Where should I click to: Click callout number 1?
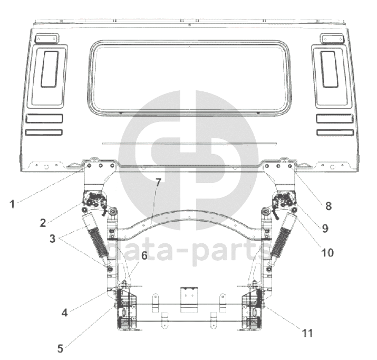pyautogui.click(x=12, y=204)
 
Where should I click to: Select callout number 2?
pyautogui.click(x=43, y=223)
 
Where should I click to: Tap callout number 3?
pyautogui.click(x=52, y=239)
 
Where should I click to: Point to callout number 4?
pyautogui.click(x=64, y=313)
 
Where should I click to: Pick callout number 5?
pyautogui.click(x=60, y=349)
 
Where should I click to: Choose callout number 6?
pyautogui.click(x=144, y=255)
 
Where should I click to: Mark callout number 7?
pyautogui.click(x=158, y=183)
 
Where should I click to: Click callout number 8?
pyautogui.click(x=328, y=206)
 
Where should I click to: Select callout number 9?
pyautogui.click(x=325, y=228)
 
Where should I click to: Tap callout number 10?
pyautogui.click(x=327, y=253)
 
